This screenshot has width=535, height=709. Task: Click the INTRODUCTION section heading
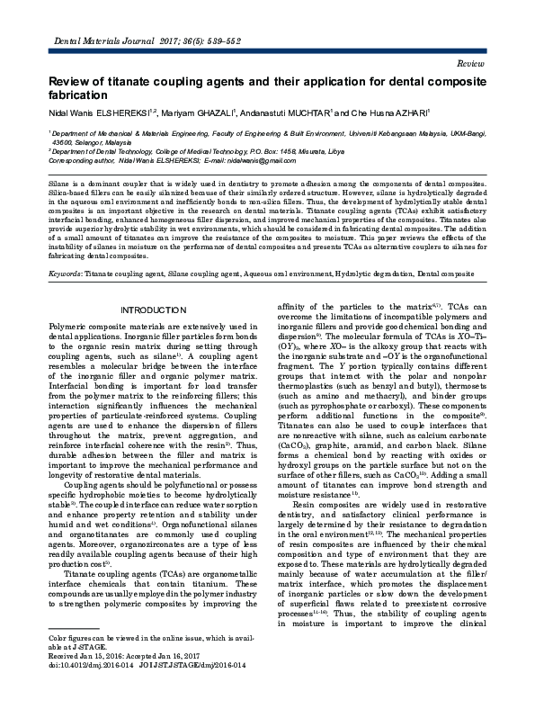(152, 310)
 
